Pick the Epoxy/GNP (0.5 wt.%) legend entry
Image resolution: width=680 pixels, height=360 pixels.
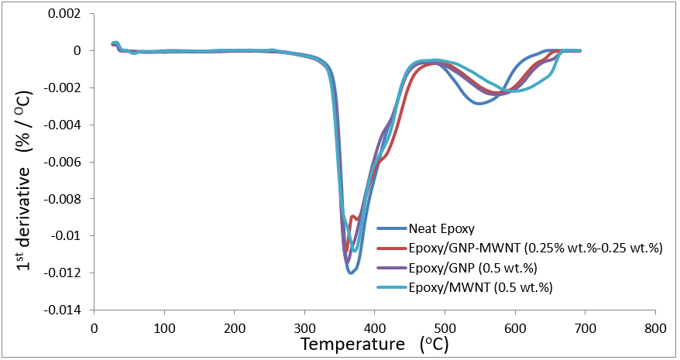pyautogui.click(x=472, y=268)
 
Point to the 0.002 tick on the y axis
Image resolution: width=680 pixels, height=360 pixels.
pyautogui.click(x=65, y=14)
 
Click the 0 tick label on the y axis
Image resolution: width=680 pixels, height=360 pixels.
pyautogui.click(x=77, y=51)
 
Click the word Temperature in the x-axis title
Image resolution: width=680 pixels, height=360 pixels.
pyautogui.click(x=352, y=343)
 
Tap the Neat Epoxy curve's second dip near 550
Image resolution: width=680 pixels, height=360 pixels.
pyautogui.click(x=480, y=103)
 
